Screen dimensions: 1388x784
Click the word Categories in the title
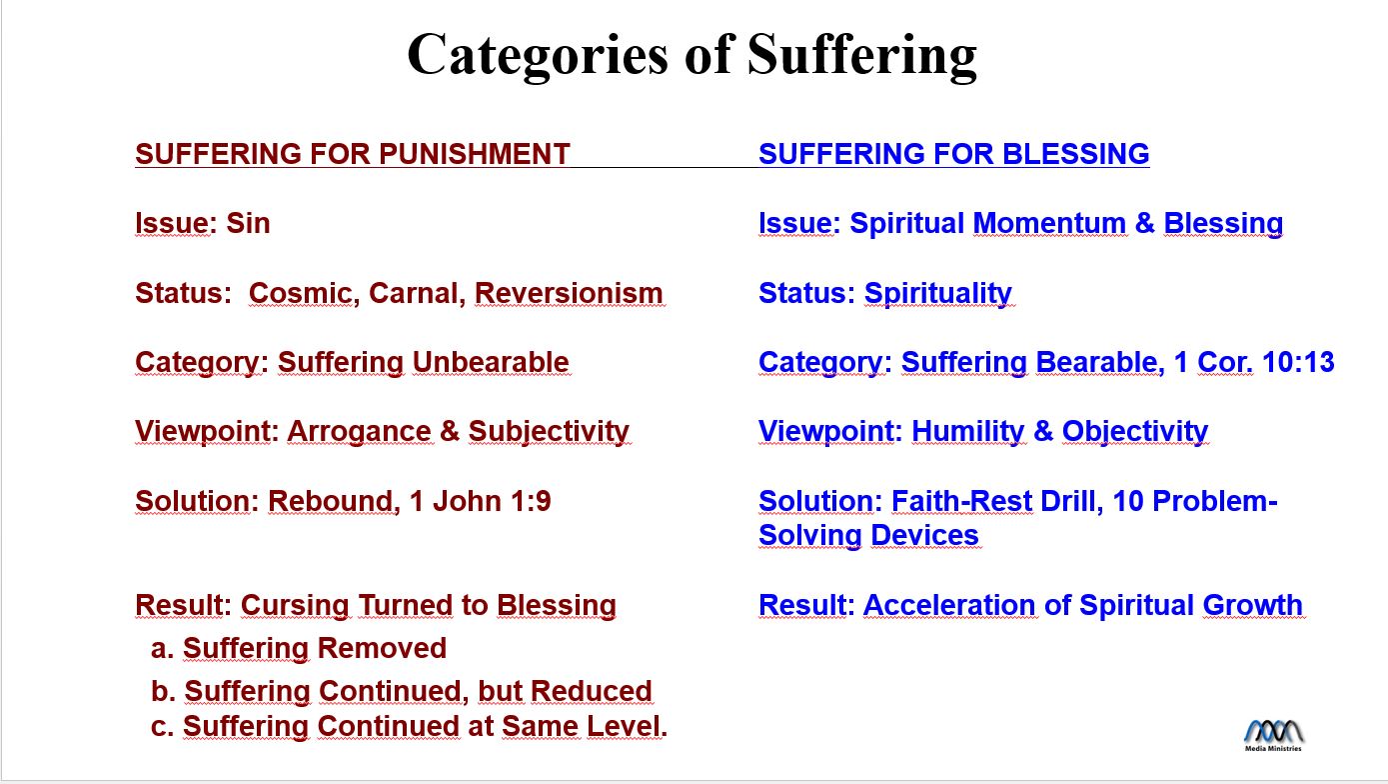(538, 56)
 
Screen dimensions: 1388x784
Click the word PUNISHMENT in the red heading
(474, 154)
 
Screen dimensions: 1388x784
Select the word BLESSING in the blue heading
(1075, 154)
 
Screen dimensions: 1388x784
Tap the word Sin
(248, 223)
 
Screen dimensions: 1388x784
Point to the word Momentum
(1049, 223)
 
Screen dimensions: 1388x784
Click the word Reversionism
(569, 293)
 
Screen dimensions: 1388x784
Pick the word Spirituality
(938, 294)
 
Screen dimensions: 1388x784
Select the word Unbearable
(491, 362)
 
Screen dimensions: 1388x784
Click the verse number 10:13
(1298, 362)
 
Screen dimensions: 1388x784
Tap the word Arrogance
(359, 432)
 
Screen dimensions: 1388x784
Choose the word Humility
(968, 432)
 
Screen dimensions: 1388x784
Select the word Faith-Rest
(961, 501)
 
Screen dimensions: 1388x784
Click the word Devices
(925, 535)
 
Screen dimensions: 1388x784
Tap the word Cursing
(295, 606)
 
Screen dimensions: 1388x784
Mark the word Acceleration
(949, 605)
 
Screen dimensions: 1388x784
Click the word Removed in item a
(383, 648)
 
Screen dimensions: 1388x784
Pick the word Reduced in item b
(592, 691)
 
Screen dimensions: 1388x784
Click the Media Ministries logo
(1273, 736)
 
